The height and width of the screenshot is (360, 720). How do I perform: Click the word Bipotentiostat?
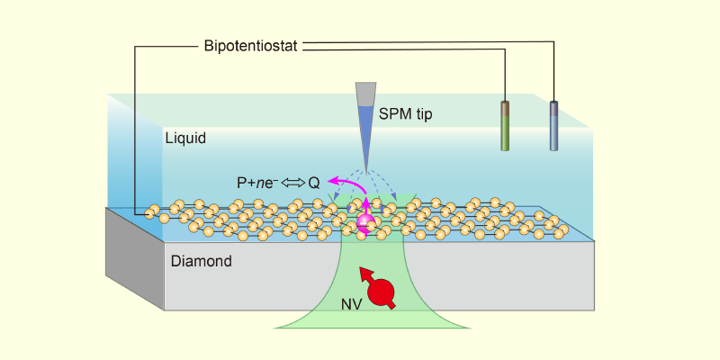(x=253, y=45)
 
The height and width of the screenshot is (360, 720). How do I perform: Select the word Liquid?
(x=185, y=139)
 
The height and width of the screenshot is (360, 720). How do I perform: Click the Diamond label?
(x=202, y=262)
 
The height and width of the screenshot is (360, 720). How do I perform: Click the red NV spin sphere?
(x=382, y=292)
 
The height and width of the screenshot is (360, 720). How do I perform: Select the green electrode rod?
(x=506, y=126)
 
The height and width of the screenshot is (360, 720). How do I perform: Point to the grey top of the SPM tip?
(x=365, y=94)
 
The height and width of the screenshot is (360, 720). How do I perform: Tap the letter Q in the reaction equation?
(x=314, y=182)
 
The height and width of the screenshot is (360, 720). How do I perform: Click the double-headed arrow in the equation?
(x=292, y=182)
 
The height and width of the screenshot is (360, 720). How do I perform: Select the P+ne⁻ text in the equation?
(x=257, y=182)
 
